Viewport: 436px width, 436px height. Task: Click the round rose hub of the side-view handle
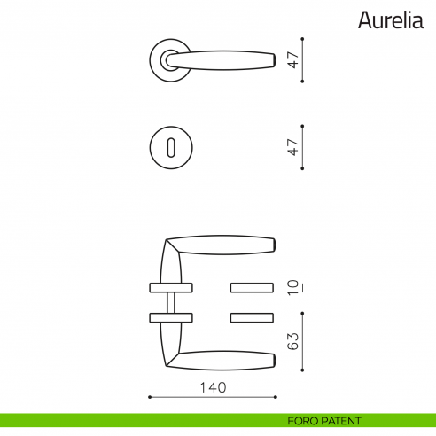(169, 59)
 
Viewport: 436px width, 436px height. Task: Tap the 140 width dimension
(213, 387)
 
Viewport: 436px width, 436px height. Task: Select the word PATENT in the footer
(341, 421)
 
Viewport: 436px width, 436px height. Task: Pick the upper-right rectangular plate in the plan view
(253, 287)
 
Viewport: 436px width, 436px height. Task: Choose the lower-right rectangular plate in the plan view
(253, 316)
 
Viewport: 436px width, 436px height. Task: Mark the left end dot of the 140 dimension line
(149, 397)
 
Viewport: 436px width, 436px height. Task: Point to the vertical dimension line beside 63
(304, 341)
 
